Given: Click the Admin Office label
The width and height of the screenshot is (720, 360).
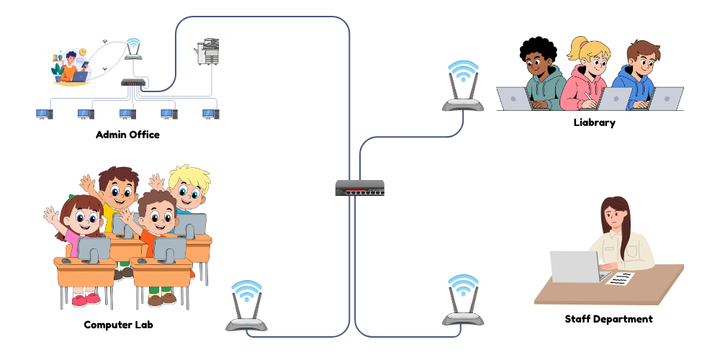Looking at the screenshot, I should tap(127, 135).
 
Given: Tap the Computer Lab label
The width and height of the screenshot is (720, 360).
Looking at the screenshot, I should tap(119, 325).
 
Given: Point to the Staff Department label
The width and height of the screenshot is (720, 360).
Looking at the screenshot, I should tap(608, 318).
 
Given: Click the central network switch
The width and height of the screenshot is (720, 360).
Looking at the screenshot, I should tap(359, 188).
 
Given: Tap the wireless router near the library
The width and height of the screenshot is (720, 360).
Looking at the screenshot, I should tap(463, 90).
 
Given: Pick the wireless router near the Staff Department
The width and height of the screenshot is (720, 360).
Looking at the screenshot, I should tap(463, 302).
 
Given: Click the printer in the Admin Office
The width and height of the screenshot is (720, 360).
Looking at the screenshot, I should tap(207, 52).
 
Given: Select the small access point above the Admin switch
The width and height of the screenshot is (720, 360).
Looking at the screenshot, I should tap(133, 49).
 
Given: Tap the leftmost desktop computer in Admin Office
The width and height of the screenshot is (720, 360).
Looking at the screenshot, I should tap(45, 114).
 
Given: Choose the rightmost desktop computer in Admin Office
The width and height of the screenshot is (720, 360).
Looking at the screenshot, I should tap(210, 114).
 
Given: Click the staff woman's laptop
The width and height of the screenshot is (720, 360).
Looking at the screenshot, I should tap(575, 266).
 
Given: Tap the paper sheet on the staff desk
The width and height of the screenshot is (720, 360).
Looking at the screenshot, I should tap(621, 277).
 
